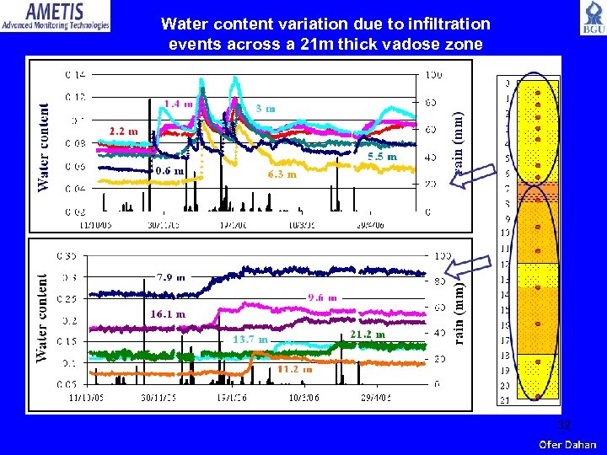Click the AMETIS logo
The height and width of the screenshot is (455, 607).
(56, 16)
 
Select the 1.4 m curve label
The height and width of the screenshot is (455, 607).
(178, 104)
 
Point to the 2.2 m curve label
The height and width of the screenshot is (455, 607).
(124, 131)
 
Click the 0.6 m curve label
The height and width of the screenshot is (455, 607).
(169, 170)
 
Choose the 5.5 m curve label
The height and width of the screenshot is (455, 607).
(382, 157)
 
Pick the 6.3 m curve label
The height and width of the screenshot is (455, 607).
(282, 174)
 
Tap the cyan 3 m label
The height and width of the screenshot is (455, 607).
(266, 108)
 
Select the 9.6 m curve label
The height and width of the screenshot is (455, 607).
(322, 297)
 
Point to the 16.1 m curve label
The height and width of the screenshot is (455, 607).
(167, 313)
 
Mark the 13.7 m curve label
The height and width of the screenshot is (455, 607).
(251, 339)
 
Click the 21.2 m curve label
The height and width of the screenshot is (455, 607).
(368, 334)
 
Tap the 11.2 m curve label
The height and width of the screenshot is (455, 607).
(295, 368)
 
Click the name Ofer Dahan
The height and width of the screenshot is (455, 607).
(567, 444)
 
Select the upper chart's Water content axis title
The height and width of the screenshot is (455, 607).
(43, 147)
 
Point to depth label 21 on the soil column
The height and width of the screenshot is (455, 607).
(506, 399)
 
